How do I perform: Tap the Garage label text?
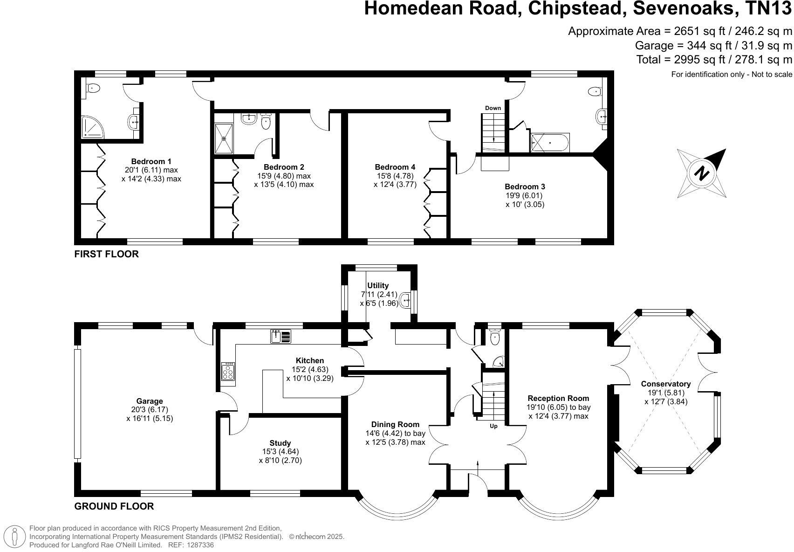coord(150,401)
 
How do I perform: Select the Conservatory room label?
coord(665,384)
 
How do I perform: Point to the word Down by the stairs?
coord(493,108)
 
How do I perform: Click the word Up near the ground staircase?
coord(493,426)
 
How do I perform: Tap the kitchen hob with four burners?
coord(228,372)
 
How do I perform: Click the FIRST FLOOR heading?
coord(107,254)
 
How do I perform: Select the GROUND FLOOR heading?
coord(114,506)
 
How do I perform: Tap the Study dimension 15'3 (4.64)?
coord(280,451)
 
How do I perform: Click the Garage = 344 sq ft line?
coord(713,46)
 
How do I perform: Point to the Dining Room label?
coord(395,424)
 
